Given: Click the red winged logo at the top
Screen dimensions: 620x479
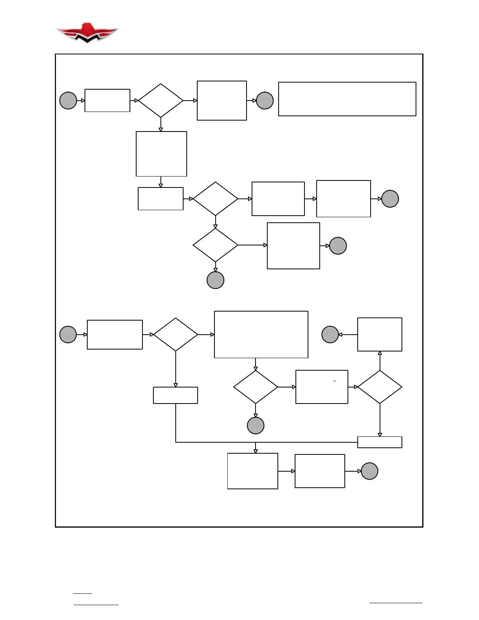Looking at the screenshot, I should [87, 33].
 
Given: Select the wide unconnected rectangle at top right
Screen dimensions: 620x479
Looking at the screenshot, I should [347, 99].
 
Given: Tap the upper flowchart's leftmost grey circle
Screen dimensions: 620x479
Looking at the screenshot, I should [68, 101].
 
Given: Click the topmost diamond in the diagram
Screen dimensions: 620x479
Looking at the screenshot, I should [160, 101].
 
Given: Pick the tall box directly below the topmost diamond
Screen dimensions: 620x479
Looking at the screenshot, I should [161, 154].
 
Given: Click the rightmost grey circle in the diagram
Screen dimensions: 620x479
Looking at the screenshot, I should [390, 199].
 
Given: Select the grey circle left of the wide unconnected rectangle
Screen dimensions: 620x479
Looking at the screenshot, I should [265, 101].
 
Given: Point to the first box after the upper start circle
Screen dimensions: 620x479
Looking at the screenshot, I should [107, 101].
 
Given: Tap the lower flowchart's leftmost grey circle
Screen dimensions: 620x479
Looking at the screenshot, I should [68, 335].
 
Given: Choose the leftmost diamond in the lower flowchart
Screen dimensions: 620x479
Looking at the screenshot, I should [175, 335].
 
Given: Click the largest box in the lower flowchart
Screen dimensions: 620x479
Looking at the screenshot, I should [261, 335].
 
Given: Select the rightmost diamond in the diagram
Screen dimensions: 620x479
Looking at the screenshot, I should [380, 387].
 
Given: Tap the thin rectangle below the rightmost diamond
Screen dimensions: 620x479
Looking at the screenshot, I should [380, 442].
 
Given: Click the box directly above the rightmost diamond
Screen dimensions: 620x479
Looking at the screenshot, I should [380, 335].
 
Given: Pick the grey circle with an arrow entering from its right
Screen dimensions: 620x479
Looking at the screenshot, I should [330, 335].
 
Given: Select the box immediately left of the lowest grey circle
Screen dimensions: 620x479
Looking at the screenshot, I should [320, 471].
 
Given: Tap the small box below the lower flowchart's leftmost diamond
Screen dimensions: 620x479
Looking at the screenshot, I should [175, 395].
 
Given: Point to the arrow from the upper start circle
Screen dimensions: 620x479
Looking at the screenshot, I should [81, 101].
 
